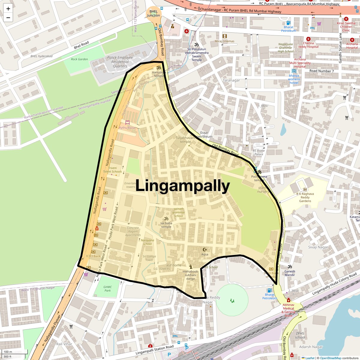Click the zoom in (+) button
point(8,9)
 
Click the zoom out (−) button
point(8,18)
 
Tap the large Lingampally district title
point(182,186)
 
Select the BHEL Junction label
point(153,13)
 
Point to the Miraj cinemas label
point(224,41)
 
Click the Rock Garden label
point(79,59)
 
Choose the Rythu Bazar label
point(127,128)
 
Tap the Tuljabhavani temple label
point(185,140)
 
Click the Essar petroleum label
point(204,135)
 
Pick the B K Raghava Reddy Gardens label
point(305,197)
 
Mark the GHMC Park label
point(107,289)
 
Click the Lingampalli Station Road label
point(154,350)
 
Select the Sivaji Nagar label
point(318,247)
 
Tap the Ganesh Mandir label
point(290,273)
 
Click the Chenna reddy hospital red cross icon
point(308,39)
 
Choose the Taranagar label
point(231,80)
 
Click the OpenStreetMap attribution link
point(330,358)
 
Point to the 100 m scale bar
point(8,352)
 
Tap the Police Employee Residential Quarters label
point(120,62)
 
